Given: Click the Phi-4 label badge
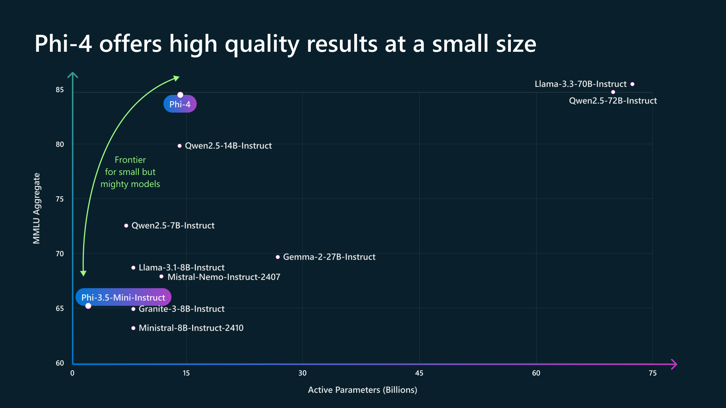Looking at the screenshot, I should pos(180,104).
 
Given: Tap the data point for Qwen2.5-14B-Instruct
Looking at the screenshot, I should pos(180,146).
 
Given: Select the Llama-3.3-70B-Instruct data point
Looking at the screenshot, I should pos(632,84).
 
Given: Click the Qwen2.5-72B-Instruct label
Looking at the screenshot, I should pos(613,101).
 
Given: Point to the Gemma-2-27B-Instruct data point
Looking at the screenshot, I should pos(278,257).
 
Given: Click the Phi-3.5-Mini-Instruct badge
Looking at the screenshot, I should pos(123,298).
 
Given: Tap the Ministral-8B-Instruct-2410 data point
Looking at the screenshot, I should pos(133,328).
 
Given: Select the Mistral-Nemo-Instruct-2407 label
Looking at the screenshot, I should pos(224,277).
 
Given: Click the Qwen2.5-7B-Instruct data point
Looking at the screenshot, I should pos(126,226).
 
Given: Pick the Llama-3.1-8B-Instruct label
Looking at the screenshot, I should pos(181,267).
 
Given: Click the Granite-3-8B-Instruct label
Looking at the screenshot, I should pos(181,309).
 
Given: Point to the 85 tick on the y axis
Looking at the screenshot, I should pos(60,90).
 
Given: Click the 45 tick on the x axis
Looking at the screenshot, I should pos(419,373).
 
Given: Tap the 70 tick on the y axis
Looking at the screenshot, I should pos(60,254).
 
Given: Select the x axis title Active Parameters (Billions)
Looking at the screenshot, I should pos(362,390).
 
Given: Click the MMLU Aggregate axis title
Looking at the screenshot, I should pos(36,209).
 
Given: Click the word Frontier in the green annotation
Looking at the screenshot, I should pos(130,160).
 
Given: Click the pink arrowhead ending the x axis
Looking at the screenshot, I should pos(674,364).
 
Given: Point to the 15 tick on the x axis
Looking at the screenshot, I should pos(186,373).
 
